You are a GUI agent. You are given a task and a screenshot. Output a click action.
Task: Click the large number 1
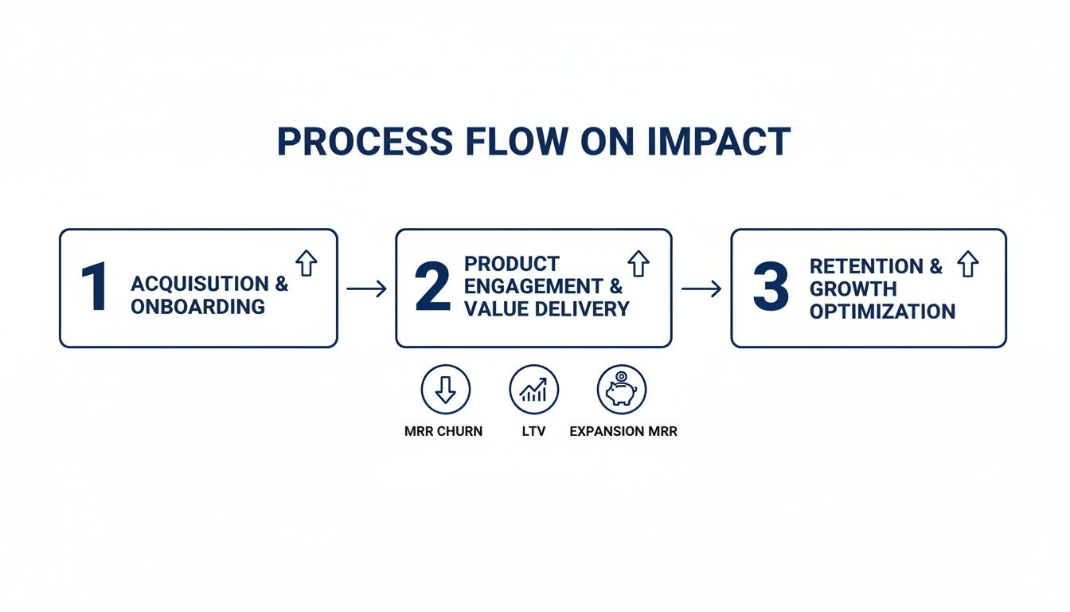pos(95,288)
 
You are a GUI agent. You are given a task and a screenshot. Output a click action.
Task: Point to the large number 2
pos(432,288)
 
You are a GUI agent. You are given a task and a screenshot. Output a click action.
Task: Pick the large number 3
pos(770,288)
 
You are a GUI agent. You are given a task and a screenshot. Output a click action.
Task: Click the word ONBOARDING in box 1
pos(197,307)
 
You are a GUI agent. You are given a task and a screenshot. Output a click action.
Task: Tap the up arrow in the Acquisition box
pos(306,263)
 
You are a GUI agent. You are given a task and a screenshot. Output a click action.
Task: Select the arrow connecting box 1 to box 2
pos(366,288)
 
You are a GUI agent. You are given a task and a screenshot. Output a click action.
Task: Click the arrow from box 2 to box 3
pos(701,288)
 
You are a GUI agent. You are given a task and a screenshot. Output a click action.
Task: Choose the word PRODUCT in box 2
pos(512,264)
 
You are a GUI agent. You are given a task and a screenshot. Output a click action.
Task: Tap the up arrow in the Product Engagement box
pos(638,263)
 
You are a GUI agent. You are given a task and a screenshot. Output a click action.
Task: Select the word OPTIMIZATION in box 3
pos(882,312)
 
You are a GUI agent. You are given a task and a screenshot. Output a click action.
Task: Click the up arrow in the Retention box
pos(967,263)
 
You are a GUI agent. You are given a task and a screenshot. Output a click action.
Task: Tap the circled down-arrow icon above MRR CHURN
pos(445,390)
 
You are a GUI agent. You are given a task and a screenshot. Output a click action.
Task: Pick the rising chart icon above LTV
pos(533,390)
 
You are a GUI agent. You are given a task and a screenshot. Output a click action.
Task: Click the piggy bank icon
pos(621,390)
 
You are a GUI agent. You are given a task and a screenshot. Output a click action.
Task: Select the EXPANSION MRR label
pos(623,432)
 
